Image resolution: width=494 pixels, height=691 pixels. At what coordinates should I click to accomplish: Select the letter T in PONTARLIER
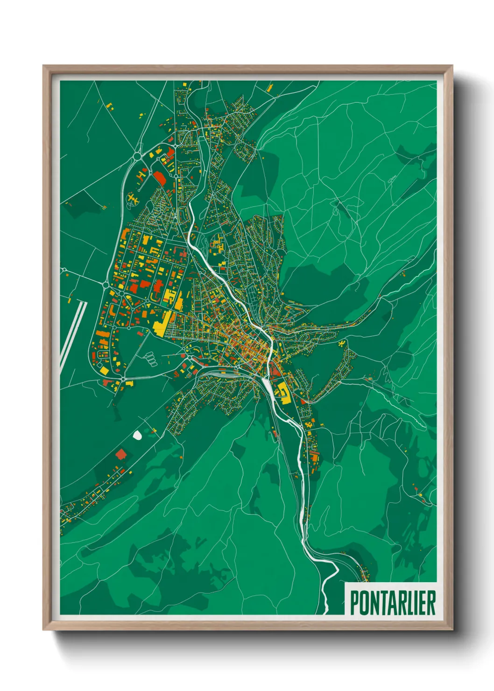381,603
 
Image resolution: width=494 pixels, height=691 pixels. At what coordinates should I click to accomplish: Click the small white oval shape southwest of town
137,436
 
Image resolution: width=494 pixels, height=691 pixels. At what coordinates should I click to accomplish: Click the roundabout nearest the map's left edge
63,270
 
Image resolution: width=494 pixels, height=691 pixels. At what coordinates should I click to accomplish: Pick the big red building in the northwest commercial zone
160,177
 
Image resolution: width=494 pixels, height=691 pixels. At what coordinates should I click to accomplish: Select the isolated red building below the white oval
121,453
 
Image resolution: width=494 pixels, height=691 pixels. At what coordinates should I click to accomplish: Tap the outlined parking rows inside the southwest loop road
151,358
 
